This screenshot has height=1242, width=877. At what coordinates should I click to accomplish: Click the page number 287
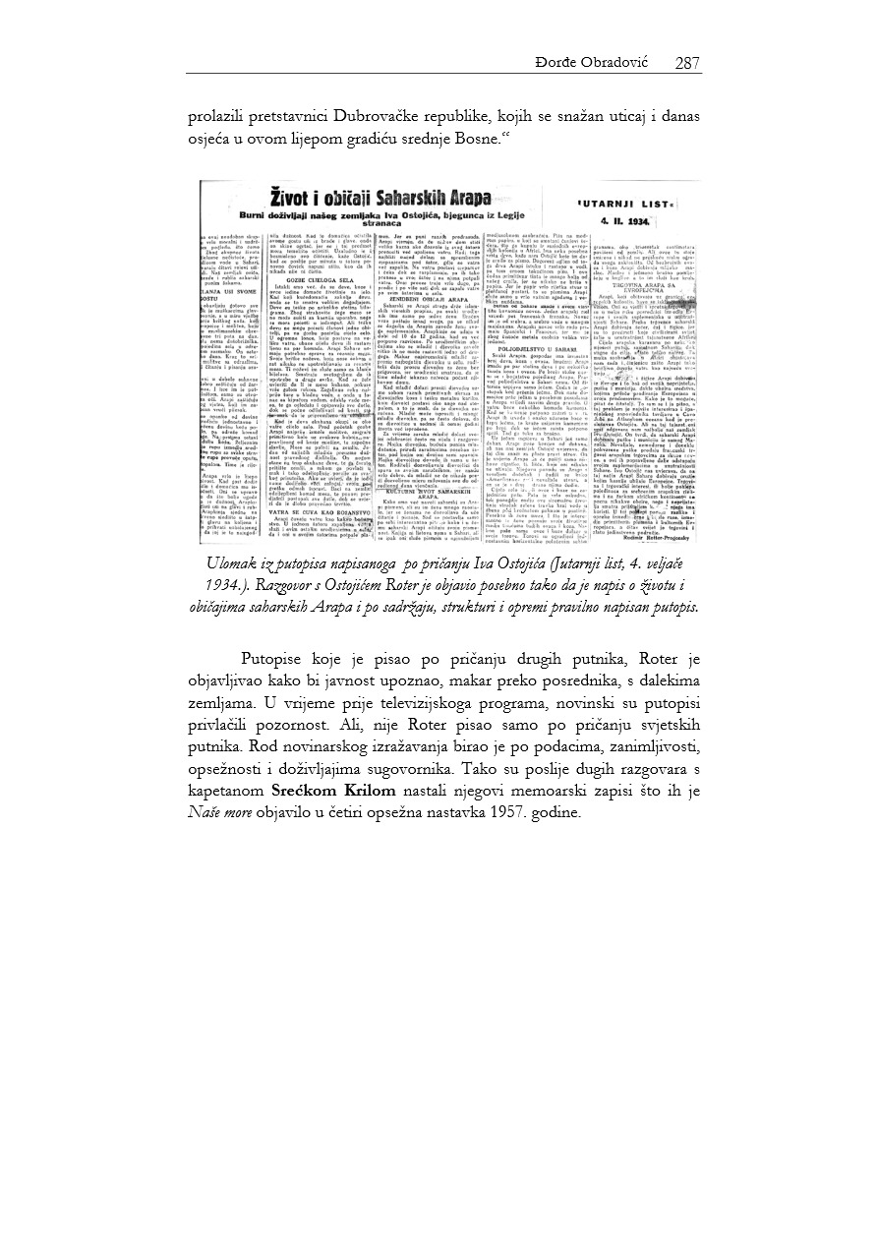point(687,64)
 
